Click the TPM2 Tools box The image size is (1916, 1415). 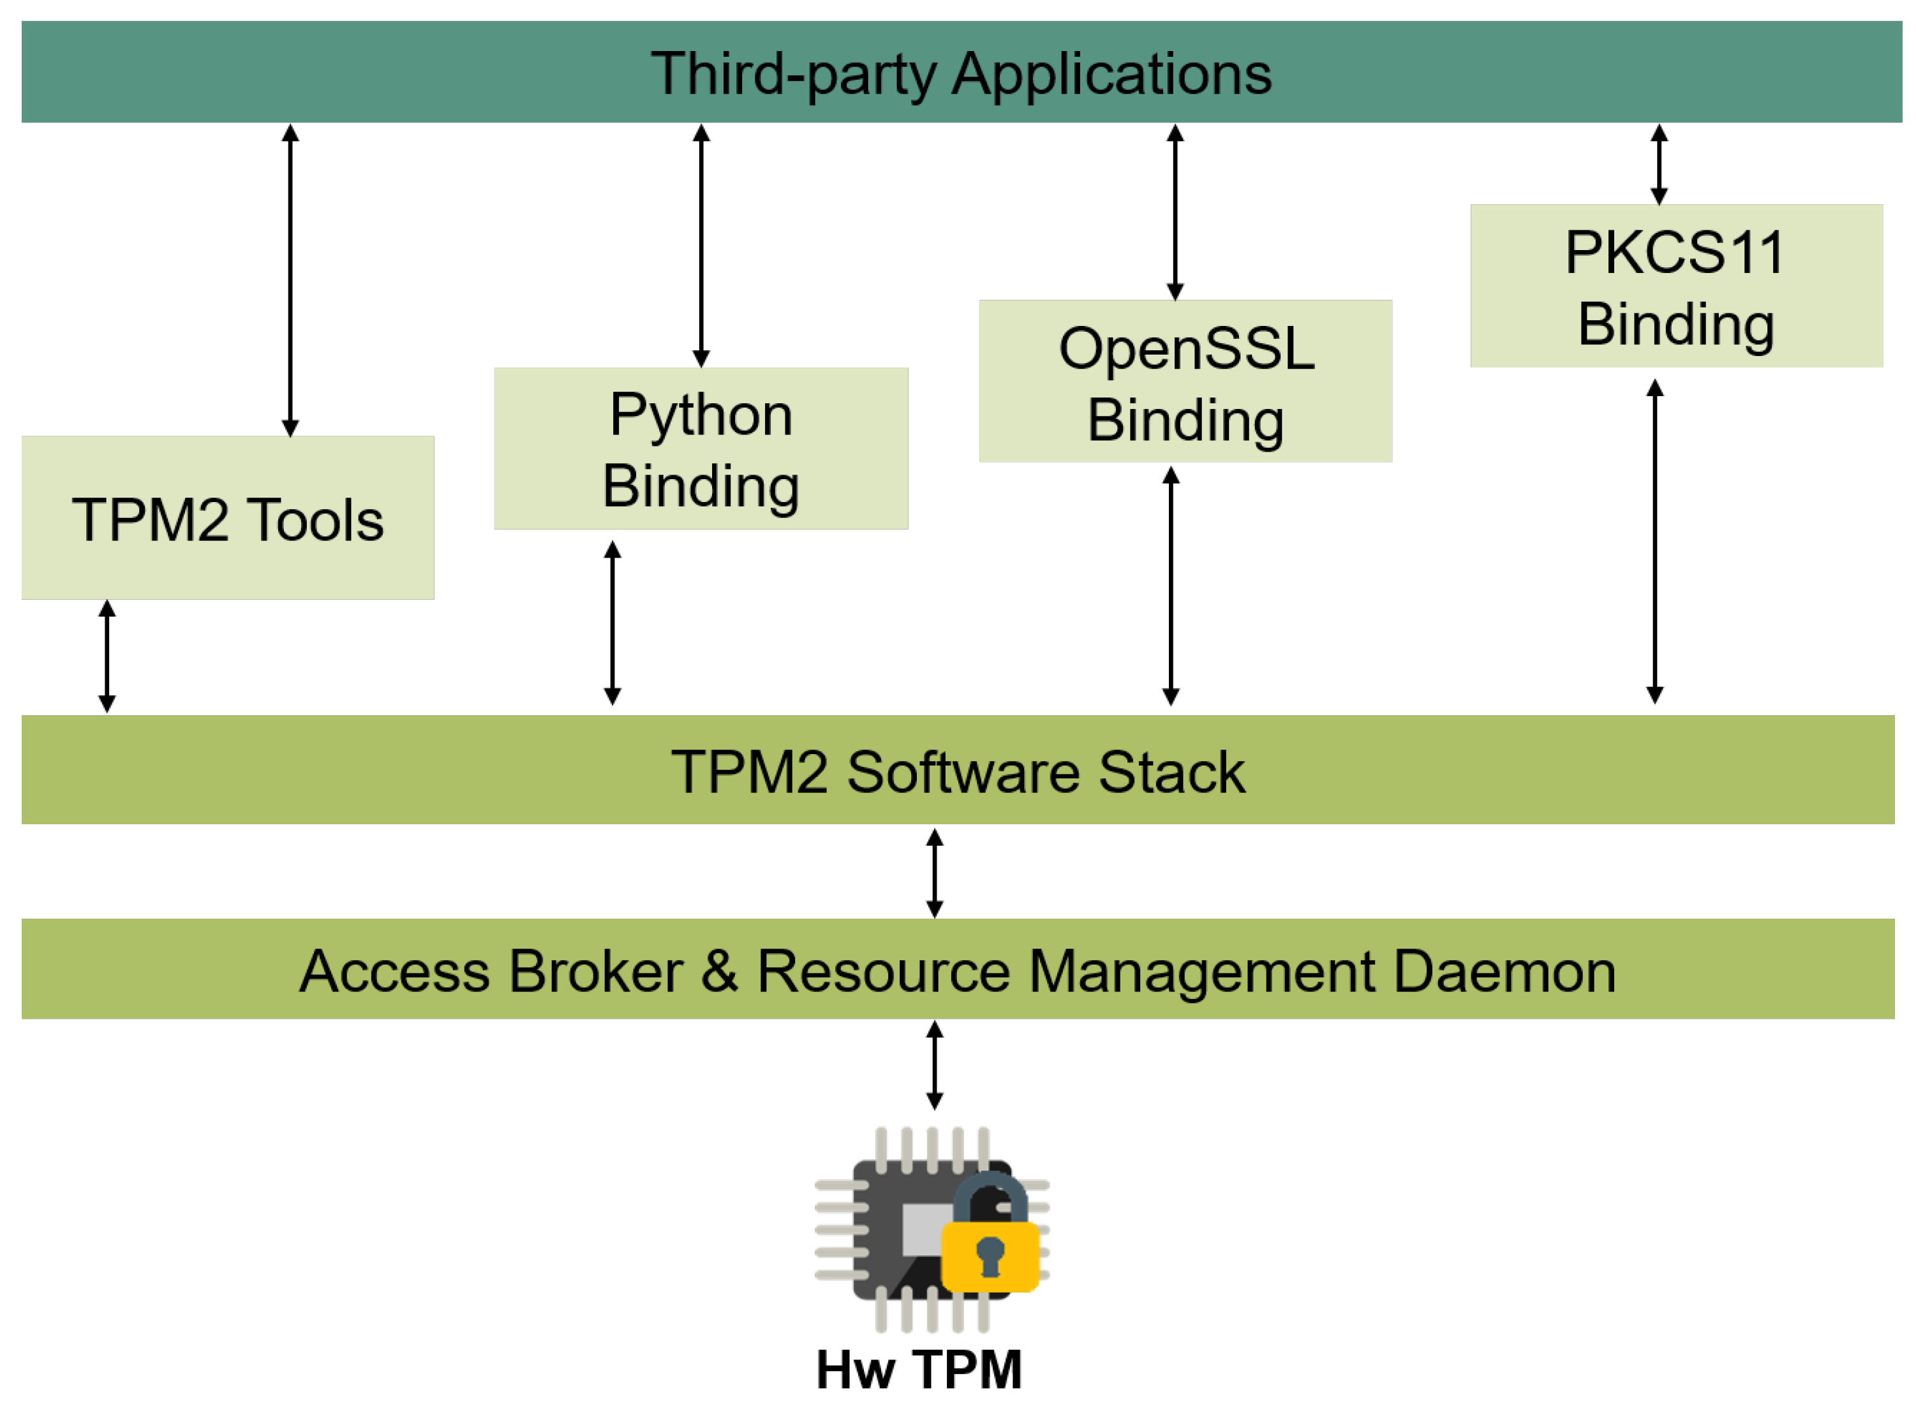[x=227, y=517]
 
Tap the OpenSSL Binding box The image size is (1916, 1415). [x=1185, y=381]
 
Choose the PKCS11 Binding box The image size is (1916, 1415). [x=1676, y=285]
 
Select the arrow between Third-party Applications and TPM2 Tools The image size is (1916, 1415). [x=290, y=280]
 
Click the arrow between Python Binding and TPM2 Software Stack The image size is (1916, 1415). [x=613, y=623]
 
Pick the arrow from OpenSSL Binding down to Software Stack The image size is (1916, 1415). [x=1171, y=587]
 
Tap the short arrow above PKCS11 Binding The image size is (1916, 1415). [x=1659, y=165]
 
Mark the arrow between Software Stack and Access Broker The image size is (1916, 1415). [x=935, y=873]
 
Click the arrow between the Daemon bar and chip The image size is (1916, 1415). [x=935, y=1065]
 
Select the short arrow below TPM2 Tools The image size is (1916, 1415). [x=107, y=656]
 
